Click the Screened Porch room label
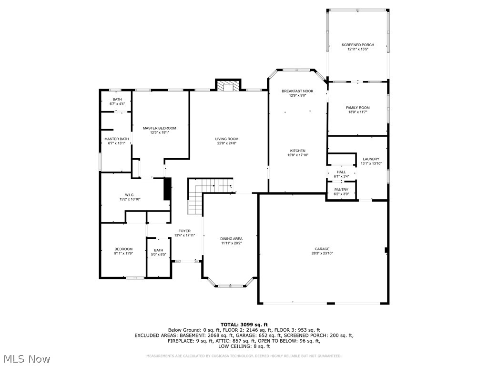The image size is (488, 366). tap(357, 45)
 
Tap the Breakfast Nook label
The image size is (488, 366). tap(294, 91)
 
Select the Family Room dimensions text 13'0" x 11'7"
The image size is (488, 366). tap(357, 112)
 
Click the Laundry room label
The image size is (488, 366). tap(371, 159)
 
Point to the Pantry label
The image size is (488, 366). tap(341, 190)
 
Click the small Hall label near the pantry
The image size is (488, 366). tap(341, 172)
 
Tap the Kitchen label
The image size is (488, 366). tap(298, 151)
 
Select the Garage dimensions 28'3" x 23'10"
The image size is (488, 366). tap(322, 254)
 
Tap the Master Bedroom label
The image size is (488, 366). tap(160, 128)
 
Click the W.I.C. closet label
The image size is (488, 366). tap(130, 194)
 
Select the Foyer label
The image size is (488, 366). tap(184, 231)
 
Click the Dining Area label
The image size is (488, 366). tap(231, 238)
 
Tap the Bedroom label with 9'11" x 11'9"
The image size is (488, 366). tap(123, 249)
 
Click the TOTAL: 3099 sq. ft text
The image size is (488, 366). tap(244, 325)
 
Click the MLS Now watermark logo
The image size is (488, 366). tap(26, 358)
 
